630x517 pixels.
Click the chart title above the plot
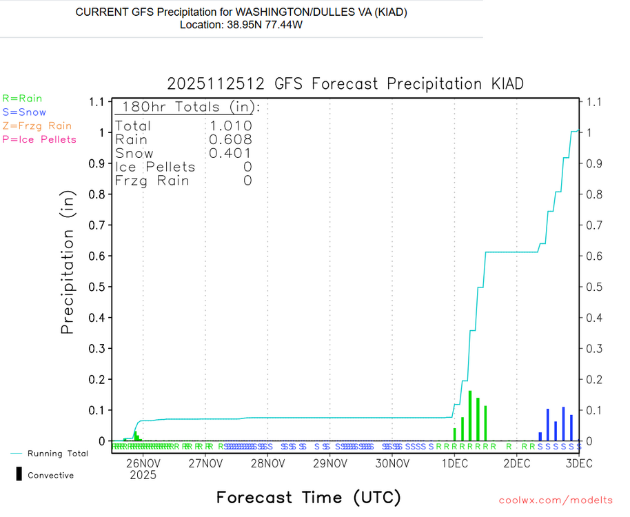coord(345,84)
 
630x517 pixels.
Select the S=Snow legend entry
coord(24,112)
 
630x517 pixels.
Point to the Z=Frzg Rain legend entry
coord(37,126)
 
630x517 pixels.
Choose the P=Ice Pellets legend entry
coord(39,139)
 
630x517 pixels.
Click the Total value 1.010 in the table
coord(230,126)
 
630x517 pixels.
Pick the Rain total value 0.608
coord(230,140)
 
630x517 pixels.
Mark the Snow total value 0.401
coord(230,154)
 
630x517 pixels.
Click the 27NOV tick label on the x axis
coord(205,464)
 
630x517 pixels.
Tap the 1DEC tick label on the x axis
coord(454,464)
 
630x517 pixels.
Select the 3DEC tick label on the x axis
coord(578,464)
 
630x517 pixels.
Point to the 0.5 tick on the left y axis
coord(99,287)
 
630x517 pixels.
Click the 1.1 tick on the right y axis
coord(593,102)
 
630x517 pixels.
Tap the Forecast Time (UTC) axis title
coord(308,497)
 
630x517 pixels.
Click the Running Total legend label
coord(57,454)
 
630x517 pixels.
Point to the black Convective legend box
coord(19,474)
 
